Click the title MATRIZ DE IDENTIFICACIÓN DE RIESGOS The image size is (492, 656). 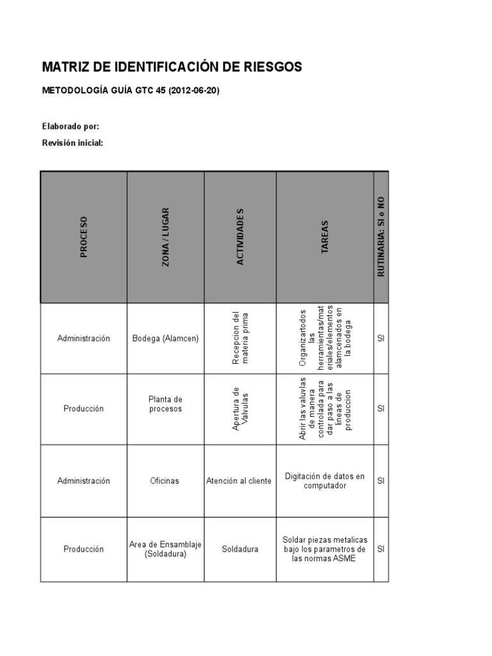pos(172,67)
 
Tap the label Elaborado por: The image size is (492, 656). pos(70,126)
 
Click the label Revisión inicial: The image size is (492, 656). pos(72,143)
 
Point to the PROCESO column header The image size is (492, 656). pos(83,237)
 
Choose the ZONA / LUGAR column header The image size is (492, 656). pos(165,237)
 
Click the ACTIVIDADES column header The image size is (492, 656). pos(240,237)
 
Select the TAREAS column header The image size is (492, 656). pos(324,237)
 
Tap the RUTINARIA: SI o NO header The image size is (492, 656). pos(381,237)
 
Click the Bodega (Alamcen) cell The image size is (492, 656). pos(165,338)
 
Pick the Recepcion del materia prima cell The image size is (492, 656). pos(240,338)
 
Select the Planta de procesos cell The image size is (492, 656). pos(165,404)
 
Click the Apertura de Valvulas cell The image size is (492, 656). pos(240,409)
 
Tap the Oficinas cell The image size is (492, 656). pos(165,480)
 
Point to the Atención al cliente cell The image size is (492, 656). pos(240,480)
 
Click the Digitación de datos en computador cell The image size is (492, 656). pos(324,480)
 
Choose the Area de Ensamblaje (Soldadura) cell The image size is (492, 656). pos(165,549)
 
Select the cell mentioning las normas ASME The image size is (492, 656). pos(324,549)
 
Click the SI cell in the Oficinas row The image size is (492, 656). pos(381,480)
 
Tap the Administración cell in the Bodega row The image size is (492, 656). pos(83,338)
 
